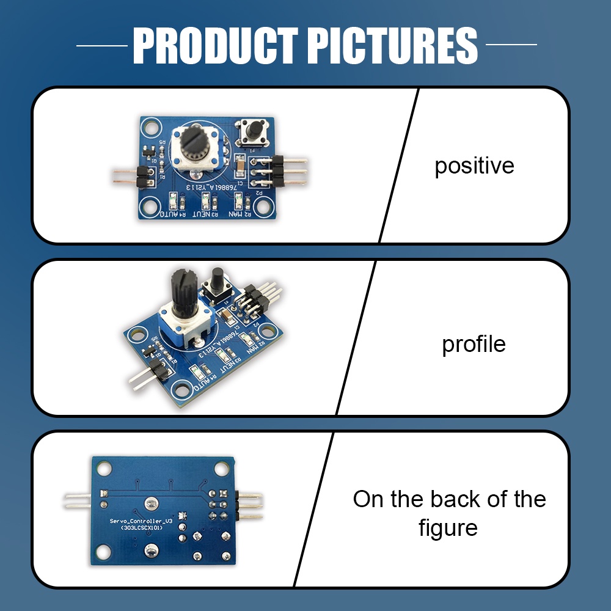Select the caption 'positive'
click(x=474, y=166)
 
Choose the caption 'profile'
click(x=474, y=344)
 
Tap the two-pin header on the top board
click(x=137, y=176)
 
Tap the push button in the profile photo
click(x=216, y=282)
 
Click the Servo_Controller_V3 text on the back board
click(x=136, y=521)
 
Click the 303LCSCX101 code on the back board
click(x=136, y=529)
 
